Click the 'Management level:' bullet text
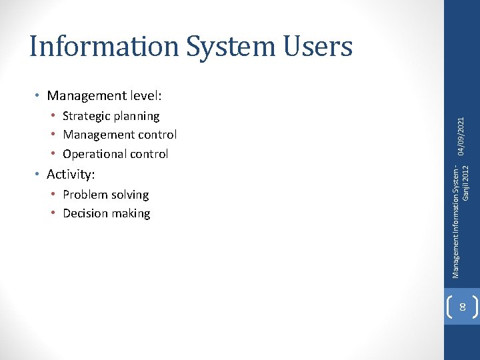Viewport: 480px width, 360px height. (x=105, y=96)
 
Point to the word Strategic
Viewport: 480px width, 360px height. (x=87, y=116)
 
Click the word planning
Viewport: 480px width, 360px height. (x=137, y=116)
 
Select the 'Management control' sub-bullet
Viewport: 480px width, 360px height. (x=119, y=135)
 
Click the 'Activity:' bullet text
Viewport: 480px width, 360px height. (x=71, y=175)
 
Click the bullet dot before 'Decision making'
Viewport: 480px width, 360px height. (x=53, y=213)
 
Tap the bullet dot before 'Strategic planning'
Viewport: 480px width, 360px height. (x=53, y=116)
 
